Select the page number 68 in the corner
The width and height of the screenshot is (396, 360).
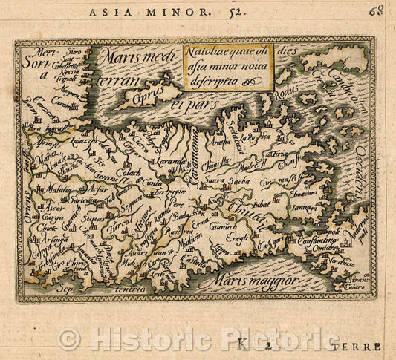click(x=377, y=10)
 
